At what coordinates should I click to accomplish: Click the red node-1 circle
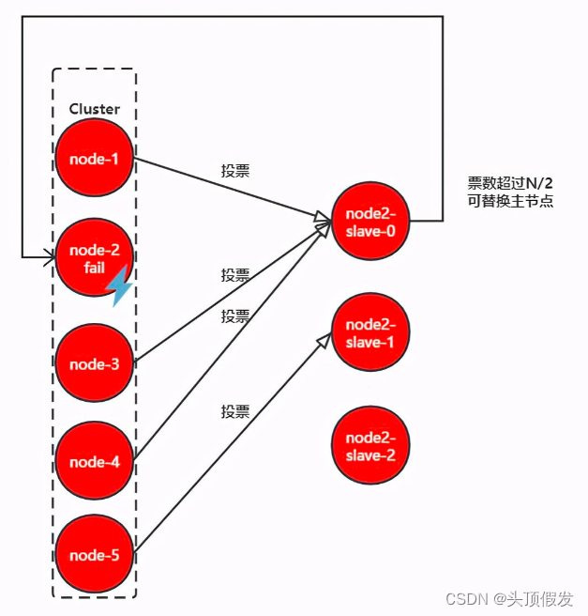[94, 158]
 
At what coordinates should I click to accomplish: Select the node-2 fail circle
[94, 258]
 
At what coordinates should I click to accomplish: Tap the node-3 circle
[94, 364]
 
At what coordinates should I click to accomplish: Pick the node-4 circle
[94, 461]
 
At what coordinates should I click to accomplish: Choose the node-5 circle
[94, 555]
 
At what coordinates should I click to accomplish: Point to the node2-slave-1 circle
[370, 332]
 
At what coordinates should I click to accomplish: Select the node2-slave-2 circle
[370, 445]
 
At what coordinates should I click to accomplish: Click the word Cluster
[94, 109]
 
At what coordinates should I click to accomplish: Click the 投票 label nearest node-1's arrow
[235, 171]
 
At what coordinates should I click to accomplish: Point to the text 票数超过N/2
[509, 183]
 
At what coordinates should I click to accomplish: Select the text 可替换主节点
[509, 201]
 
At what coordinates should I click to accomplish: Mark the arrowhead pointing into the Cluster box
[46, 255]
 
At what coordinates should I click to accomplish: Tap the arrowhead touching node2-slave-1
[324, 338]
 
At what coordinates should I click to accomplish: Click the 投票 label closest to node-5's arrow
[235, 411]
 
